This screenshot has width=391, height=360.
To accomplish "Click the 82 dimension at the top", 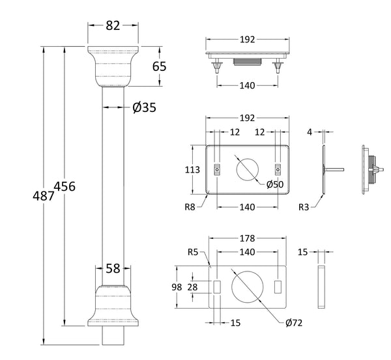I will coord(113,26).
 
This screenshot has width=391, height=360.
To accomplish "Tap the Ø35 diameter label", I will coord(143,108).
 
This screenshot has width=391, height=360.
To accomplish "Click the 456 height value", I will coord(65,186).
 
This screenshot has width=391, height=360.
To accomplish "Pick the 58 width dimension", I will coord(113,268).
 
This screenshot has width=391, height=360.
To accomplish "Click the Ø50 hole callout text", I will coord(274,184).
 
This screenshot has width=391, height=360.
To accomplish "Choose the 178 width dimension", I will coord(247,238).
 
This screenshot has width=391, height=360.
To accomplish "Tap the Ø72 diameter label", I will coord(293,322).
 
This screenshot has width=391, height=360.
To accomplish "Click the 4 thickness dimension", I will coord(310,132).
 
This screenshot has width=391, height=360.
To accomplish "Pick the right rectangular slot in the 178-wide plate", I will coord(279,287).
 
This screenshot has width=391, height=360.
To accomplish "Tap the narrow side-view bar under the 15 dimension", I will coord(321,286).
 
